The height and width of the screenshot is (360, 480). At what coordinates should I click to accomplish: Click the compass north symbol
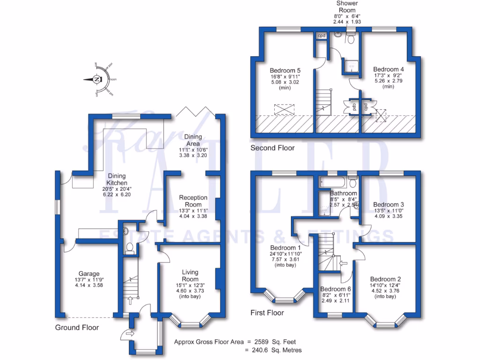97,80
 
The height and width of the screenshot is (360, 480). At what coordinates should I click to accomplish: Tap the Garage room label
89,274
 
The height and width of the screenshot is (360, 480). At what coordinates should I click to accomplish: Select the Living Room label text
190,276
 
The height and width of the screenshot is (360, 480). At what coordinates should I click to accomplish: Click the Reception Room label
193,201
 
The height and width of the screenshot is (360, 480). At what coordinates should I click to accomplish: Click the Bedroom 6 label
335,289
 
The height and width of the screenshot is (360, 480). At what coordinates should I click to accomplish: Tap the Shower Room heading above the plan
346,7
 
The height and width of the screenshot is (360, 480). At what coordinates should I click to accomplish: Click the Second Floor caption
272,148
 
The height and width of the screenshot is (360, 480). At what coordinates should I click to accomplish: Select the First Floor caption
267,313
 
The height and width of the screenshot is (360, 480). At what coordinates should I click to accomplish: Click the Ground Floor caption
77,328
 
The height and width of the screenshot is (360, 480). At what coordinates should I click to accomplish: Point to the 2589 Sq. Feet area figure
277,342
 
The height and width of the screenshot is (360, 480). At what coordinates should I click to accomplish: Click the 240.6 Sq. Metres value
277,350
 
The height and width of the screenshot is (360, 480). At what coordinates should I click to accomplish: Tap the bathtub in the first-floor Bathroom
333,181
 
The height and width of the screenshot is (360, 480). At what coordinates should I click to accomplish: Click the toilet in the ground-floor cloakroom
129,248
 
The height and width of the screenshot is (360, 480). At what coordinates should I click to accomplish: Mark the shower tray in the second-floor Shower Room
351,66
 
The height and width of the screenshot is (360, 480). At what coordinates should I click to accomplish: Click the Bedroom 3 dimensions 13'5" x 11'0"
388,211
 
